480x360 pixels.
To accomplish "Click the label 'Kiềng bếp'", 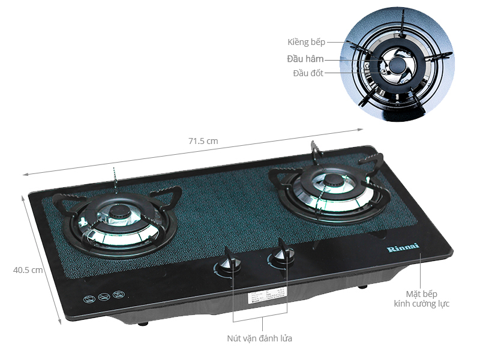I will tap(305, 42).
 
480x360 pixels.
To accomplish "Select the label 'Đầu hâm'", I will tap(305, 59).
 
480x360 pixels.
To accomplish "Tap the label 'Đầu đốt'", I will tap(308, 73).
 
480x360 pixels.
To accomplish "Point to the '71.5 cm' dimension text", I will tap(203, 141).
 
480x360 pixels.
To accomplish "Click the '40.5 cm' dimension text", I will tap(28, 270).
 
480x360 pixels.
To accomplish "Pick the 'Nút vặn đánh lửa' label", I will tap(260, 338).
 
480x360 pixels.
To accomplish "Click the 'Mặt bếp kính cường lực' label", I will tap(421, 299).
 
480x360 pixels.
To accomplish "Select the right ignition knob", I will tap(280, 257).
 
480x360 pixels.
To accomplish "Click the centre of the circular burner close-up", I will tap(395, 65).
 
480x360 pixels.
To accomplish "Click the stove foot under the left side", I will tap(143, 323).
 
